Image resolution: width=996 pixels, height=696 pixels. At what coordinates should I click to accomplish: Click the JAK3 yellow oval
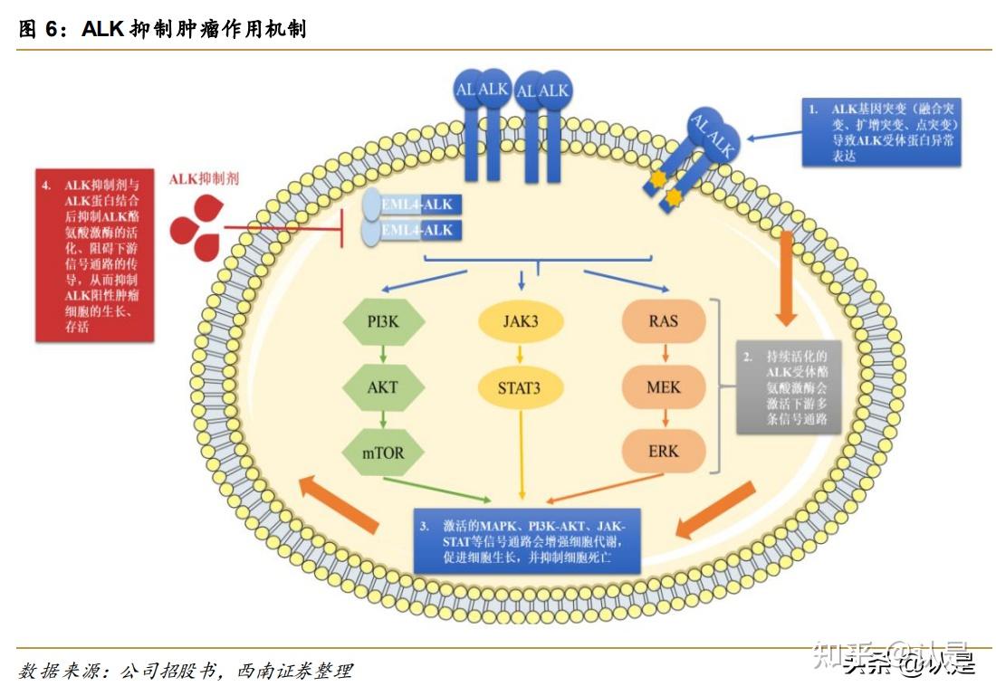[521, 322]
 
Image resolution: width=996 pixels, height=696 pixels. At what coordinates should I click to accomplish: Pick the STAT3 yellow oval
[521, 389]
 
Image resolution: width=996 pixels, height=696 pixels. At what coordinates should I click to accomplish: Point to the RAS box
[663, 322]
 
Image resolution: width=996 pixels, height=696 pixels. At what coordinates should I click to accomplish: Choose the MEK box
[663, 387]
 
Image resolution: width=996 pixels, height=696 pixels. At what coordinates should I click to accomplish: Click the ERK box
[663, 451]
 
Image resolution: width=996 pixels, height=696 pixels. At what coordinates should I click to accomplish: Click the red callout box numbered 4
[94, 255]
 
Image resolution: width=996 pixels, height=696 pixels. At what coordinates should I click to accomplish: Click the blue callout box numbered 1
[880, 132]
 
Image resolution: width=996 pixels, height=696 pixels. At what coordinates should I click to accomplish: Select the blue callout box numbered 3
[526, 539]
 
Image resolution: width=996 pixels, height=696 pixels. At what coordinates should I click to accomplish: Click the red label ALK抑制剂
[205, 180]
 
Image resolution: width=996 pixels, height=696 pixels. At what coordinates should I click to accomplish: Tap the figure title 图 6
[163, 29]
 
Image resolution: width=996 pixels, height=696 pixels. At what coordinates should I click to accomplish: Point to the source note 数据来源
[186, 671]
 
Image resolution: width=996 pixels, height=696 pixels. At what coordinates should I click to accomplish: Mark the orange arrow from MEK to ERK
[663, 419]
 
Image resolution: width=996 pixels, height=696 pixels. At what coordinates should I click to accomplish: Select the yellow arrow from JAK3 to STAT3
[521, 356]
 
